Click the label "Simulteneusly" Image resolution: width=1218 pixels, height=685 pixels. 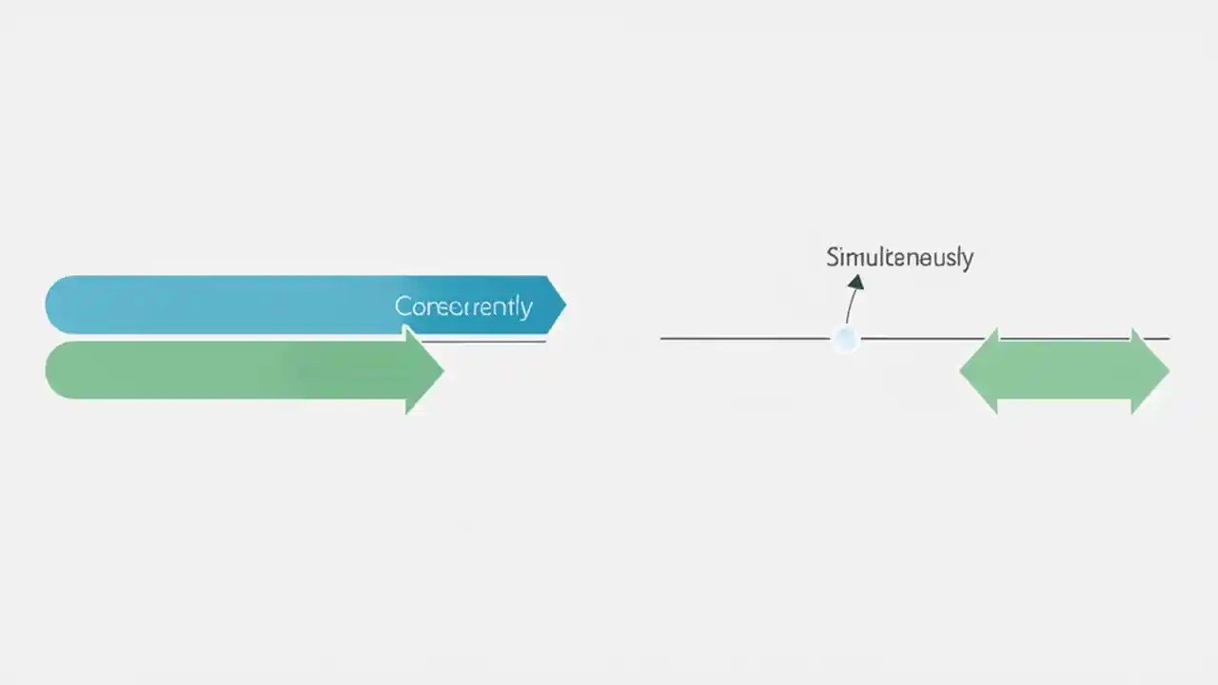(x=899, y=257)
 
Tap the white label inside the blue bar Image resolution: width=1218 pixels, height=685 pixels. (x=463, y=306)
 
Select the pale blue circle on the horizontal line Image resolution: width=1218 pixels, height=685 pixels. (x=845, y=339)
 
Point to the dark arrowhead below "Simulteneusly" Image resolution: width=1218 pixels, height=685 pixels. (x=855, y=282)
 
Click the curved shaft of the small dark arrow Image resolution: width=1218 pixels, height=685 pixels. (x=850, y=306)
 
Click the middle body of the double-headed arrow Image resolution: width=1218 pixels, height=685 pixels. (x=1064, y=371)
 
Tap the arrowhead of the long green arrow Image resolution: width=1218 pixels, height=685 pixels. (x=423, y=370)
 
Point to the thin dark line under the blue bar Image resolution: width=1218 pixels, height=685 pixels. (x=495, y=341)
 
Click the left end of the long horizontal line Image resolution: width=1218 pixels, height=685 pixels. (x=663, y=338)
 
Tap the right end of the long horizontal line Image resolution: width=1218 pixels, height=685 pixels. (x=1167, y=338)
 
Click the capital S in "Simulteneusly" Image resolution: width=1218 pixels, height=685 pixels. (x=833, y=257)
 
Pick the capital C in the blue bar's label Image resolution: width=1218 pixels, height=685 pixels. (x=403, y=306)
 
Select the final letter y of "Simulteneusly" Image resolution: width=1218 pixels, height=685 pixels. (x=967, y=260)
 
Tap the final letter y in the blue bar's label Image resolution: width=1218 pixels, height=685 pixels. (x=525, y=309)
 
